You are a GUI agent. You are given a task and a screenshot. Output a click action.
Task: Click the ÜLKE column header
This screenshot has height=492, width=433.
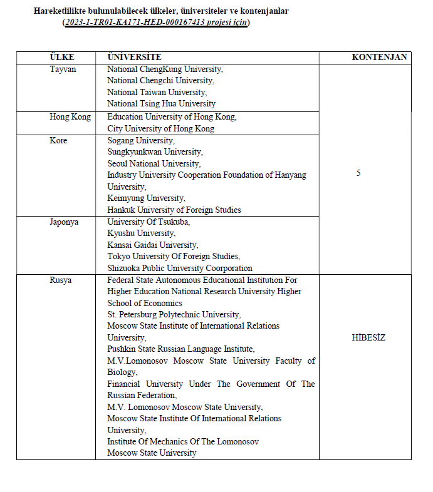62,57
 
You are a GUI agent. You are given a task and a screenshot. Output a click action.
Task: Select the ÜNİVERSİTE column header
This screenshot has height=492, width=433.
134,57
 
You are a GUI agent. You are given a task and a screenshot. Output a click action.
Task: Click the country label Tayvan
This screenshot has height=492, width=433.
63,69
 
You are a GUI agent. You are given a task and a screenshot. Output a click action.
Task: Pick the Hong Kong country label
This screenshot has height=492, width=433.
70,117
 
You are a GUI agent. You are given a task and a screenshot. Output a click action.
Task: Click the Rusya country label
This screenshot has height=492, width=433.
61,280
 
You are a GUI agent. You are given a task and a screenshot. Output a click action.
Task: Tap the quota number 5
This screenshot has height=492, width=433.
358,173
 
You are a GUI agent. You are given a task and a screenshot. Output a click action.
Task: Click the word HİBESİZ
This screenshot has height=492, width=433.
368,338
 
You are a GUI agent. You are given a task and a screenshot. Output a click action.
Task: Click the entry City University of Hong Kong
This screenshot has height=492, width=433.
160,129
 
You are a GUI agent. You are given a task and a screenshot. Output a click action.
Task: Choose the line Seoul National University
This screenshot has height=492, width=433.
154,164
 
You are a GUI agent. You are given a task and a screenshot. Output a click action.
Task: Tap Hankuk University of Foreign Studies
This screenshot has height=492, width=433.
174,210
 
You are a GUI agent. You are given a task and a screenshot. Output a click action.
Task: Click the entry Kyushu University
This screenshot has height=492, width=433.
141,233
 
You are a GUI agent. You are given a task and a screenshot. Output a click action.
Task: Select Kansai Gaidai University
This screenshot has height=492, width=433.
152,245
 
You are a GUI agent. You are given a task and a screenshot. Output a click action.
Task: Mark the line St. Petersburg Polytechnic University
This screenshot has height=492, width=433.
174,314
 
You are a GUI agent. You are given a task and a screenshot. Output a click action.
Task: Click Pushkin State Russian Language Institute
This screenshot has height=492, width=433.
180,349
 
